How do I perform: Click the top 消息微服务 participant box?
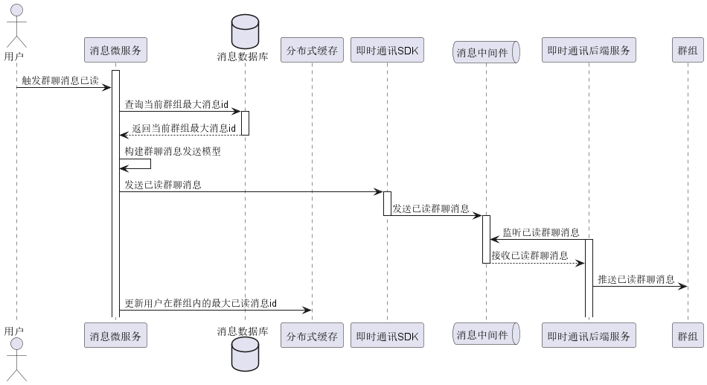[115, 51]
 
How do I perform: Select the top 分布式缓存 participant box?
[312, 51]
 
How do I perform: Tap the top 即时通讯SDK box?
[386, 51]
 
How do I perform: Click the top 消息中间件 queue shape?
[485, 51]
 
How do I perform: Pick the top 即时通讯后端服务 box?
[589, 51]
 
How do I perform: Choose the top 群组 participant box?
[688, 51]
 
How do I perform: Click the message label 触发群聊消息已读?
[60, 80]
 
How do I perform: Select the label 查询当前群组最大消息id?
[176, 104]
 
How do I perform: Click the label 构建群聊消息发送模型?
[173, 151]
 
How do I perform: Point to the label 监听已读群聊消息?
[541, 232]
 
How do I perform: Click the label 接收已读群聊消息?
[530, 255]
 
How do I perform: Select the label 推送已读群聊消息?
[636, 279]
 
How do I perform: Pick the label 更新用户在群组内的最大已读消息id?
[201, 303]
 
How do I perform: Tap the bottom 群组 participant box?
[688, 336]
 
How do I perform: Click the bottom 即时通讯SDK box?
[386, 336]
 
